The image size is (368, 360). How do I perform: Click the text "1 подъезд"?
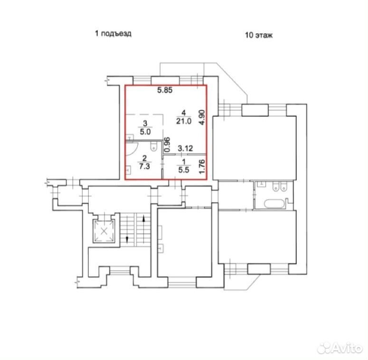[113, 34]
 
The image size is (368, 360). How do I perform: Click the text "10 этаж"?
[259, 35]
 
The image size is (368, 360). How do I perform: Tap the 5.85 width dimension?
[165, 90]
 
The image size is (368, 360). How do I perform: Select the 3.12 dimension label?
[185, 148]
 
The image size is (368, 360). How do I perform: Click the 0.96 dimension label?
[167, 144]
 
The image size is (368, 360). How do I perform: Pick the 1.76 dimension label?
[202, 167]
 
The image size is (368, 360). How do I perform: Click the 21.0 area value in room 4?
[184, 121]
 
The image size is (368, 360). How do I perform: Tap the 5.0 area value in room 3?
[145, 132]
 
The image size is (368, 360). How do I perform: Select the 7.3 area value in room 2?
[144, 166]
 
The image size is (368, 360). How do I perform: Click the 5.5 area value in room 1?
[184, 170]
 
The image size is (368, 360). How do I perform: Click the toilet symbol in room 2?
[154, 145]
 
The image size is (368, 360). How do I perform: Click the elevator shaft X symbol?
[104, 231]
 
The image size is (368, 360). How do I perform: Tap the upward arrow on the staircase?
[143, 219]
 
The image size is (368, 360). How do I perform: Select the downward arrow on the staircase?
[127, 239]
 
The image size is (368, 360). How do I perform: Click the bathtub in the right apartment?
[274, 203]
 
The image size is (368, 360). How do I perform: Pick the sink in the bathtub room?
[261, 184]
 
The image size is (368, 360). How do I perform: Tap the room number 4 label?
[184, 113]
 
